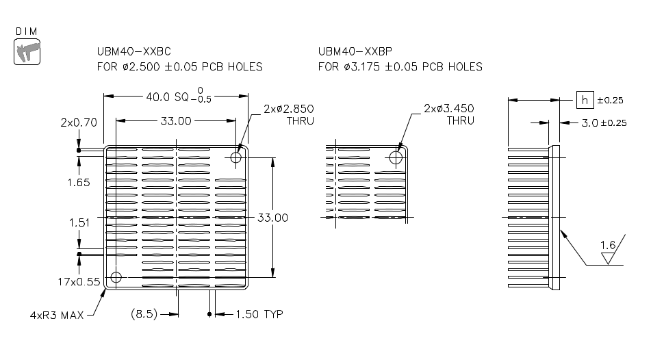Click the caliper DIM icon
point(27,52)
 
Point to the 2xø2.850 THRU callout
point(288,114)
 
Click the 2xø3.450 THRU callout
point(449,114)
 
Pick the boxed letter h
point(585,100)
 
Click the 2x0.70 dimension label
point(79,123)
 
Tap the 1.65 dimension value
point(79,183)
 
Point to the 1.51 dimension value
point(79,222)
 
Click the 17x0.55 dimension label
point(79,281)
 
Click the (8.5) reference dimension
point(144,314)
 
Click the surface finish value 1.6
point(607,245)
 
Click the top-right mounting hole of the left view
point(237,158)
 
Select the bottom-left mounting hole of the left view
point(116,278)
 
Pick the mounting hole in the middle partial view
point(395,158)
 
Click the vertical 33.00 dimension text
point(272,218)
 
